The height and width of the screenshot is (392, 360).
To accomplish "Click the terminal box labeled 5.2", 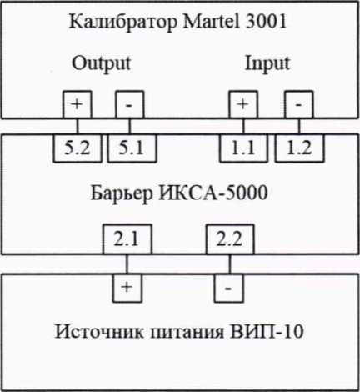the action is coord(77,148).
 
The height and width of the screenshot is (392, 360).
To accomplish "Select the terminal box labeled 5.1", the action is coord(132,148).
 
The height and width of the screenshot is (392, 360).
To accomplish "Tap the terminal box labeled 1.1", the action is coord(243,148).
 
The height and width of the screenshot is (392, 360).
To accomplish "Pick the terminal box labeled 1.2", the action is coord(299,148).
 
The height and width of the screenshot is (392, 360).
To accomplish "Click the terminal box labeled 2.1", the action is coord(127,239).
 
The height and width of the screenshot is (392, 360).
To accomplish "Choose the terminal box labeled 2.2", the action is coord(230,239).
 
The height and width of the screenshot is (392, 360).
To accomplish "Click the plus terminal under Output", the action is coord(77,104).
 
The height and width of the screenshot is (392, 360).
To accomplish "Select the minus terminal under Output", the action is coord(129,104).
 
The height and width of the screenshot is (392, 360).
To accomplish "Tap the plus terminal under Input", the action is coord(243,104).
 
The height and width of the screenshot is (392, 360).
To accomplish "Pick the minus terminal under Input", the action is coord(299,104).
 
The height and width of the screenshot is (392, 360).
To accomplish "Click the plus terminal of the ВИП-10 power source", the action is coord(127,288).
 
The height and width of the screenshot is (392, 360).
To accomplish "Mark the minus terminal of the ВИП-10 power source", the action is coord(229,288).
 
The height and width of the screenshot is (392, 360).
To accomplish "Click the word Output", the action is coord(101,64).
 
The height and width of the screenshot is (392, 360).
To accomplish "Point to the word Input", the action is coord(267,64).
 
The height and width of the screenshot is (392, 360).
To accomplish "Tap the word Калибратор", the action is coord(122,23).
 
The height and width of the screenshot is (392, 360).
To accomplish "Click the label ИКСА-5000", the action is coord(212,193).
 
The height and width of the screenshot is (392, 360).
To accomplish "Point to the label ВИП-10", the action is coord(267,331).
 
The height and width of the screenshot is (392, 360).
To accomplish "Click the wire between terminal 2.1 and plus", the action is coord(127,264).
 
